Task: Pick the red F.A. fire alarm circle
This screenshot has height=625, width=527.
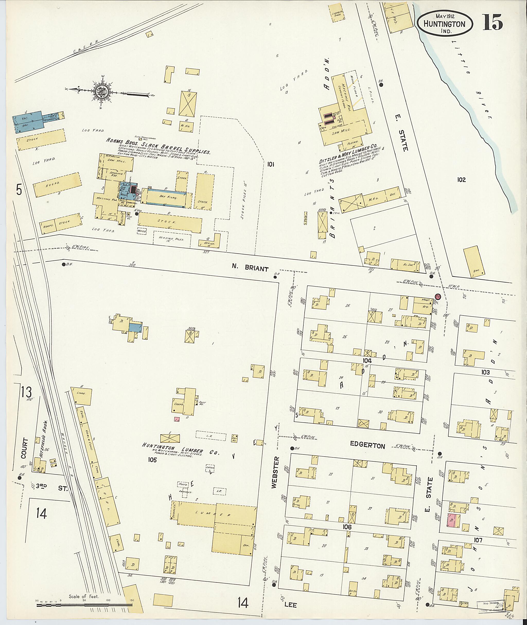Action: [x=438, y=297]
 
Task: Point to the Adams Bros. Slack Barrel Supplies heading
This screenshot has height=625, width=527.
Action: [x=158, y=146]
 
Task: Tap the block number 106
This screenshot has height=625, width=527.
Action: [x=347, y=527]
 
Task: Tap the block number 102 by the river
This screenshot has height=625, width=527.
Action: [x=461, y=180]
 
